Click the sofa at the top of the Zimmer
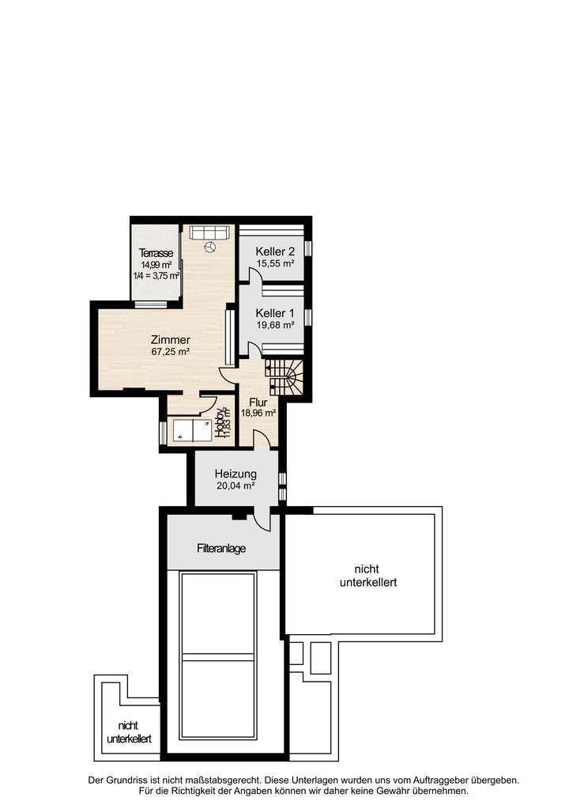coord(209,232)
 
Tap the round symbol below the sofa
coord(210,248)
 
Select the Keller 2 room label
coord(275,251)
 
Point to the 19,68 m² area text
coord(275,324)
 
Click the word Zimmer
coord(170,340)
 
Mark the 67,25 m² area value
coord(170,352)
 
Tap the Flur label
coord(258,401)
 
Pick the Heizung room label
coord(236,474)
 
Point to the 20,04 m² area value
coord(236,486)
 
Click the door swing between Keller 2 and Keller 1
coord(254,277)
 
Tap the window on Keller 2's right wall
coord(309,248)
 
